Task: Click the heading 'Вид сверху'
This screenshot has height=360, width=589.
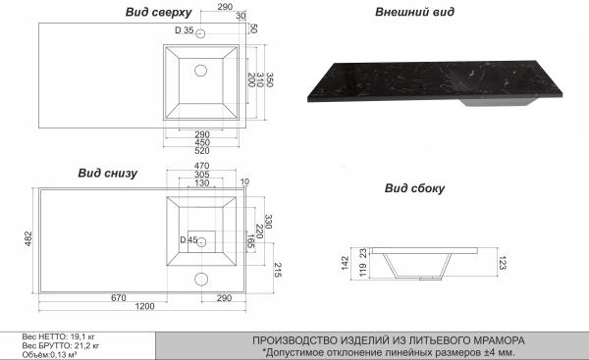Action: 152,12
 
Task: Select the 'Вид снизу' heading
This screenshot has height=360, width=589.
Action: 105,173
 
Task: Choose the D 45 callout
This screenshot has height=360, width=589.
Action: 187,240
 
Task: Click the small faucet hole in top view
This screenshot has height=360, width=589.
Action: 200,34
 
